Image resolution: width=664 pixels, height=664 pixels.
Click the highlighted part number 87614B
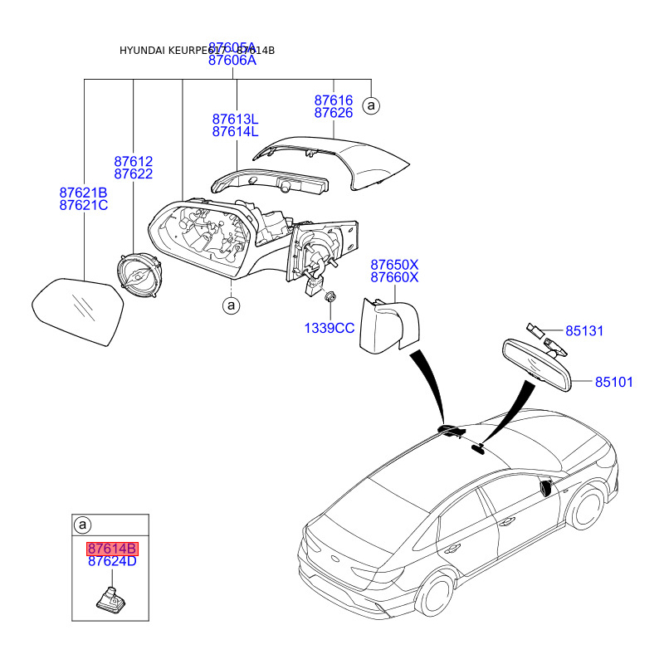pos(112,549)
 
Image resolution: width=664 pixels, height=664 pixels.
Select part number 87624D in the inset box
pos(112,562)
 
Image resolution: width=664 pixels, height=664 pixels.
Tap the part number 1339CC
pos(329,328)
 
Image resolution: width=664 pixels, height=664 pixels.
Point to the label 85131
pos(584,331)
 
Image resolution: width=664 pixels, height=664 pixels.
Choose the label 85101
pos(613,382)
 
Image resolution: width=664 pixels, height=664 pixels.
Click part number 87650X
pos(394,263)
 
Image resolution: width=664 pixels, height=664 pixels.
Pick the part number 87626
pos(333,112)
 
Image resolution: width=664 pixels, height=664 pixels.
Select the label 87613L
pos(235,119)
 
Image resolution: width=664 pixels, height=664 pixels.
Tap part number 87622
pos(133,173)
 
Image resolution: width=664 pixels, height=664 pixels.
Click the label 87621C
pos(84,205)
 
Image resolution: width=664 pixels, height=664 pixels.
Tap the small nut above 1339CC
pos(330,295)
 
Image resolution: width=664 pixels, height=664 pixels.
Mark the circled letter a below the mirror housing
pos(231,306)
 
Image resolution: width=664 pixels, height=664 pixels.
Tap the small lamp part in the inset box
pos(110,598)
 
